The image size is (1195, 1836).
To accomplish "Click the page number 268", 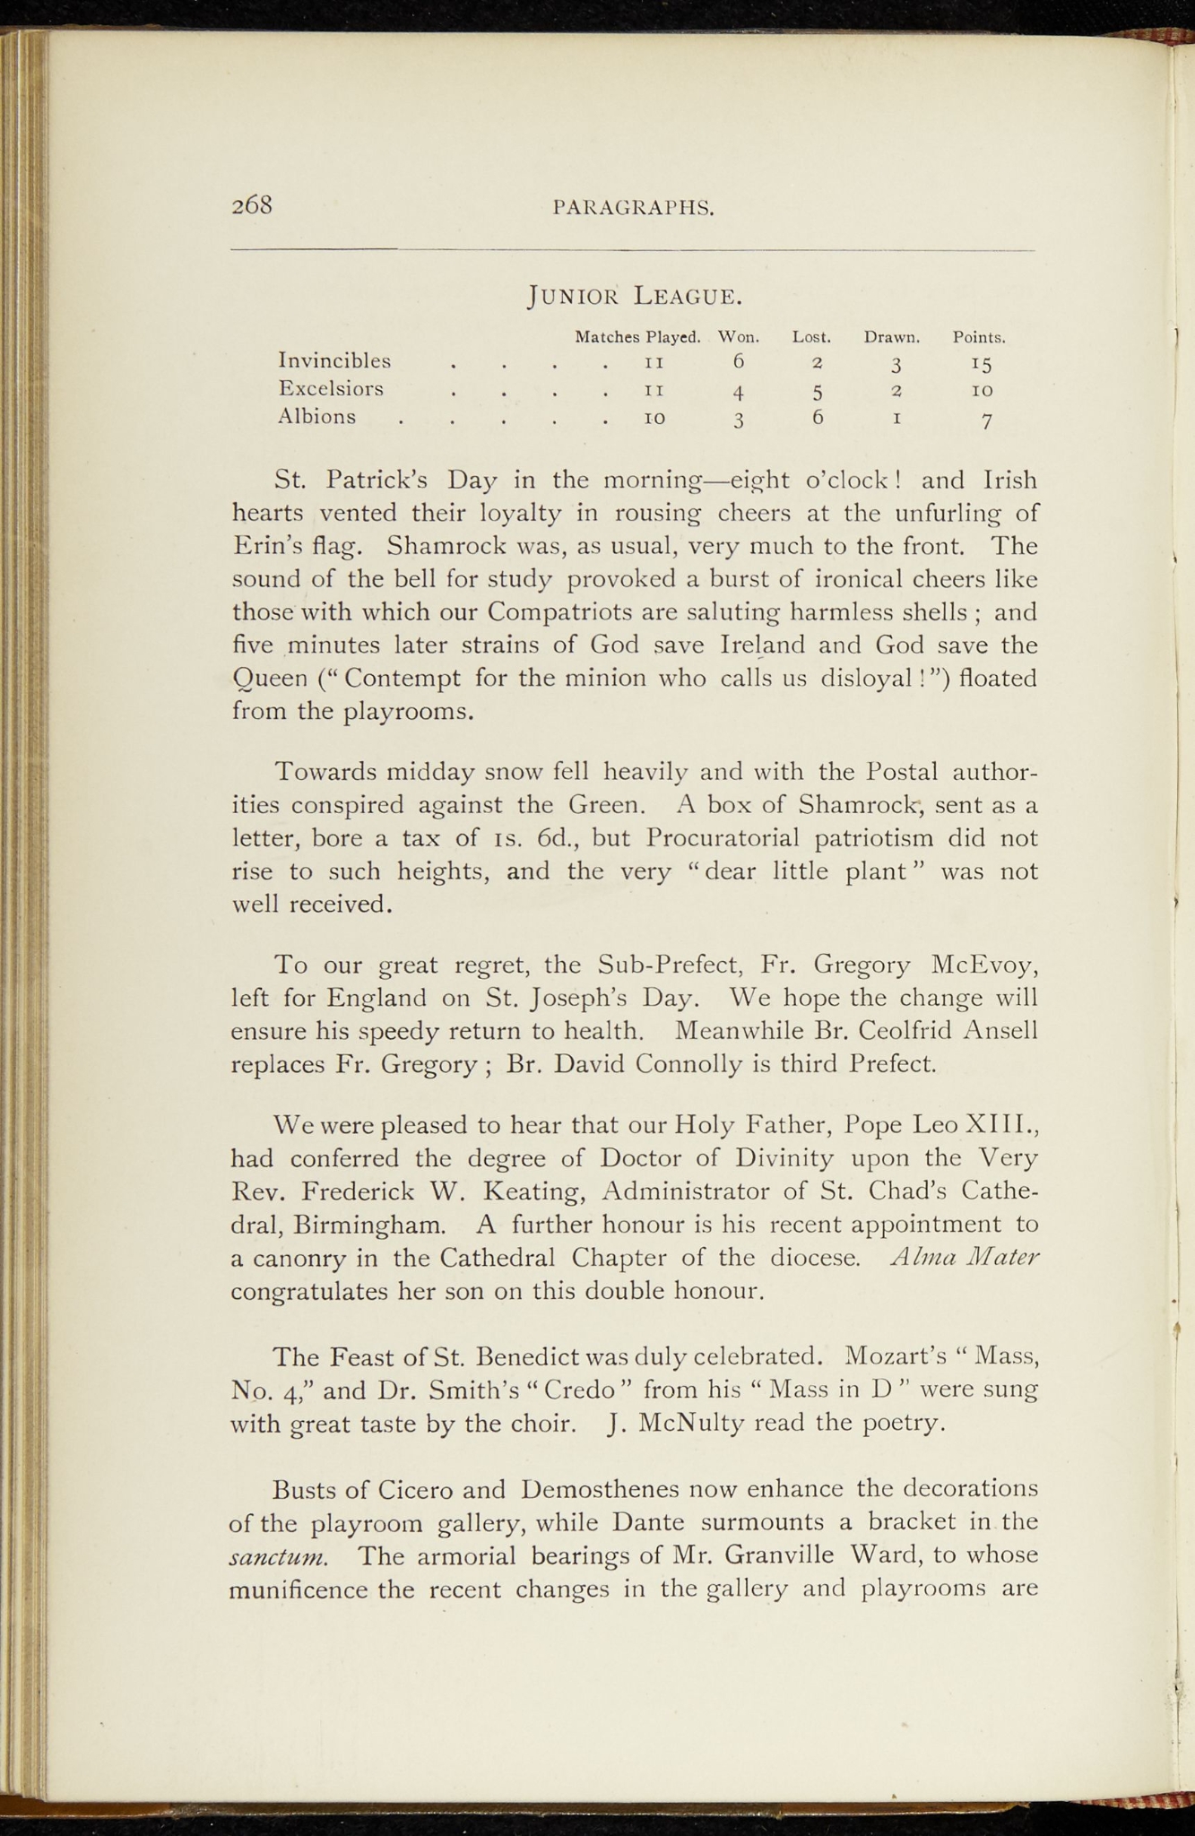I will click(252, 205).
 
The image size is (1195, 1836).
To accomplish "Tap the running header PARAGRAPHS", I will click(634, 208).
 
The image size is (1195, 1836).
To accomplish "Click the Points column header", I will click(979, 338).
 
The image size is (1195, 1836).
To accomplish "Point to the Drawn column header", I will click(893, 338).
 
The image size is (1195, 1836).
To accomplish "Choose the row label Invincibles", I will click(334, 360).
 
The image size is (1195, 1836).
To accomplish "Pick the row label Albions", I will click(316, 417).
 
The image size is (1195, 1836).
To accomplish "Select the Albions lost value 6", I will click(818, 417).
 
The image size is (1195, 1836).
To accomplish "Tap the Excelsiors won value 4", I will click(737, 391).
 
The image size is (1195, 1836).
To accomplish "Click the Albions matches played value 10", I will click(654, 419).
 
